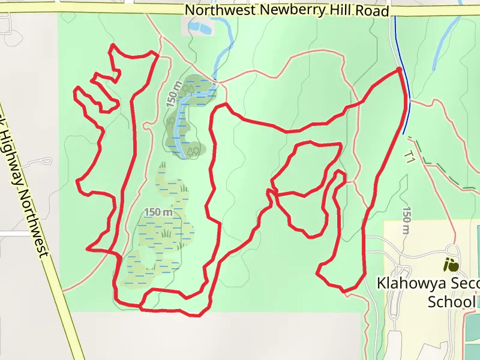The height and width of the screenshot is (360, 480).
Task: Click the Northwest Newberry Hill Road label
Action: pyautogui.click(x=287, y=10)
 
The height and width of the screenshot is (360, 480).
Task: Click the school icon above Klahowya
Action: pyautogui.click(x=451, y=263)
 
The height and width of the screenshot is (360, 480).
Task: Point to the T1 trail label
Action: pyautogui.click(x=410, y=157)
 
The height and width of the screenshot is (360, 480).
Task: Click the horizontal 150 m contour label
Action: pyautogui.click(x=158, y=212)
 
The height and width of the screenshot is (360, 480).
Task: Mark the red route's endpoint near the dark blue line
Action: pyautogui.click(x=399, y=71)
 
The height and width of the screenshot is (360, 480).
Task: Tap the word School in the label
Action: pyautogui.click(x=452, y=301)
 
